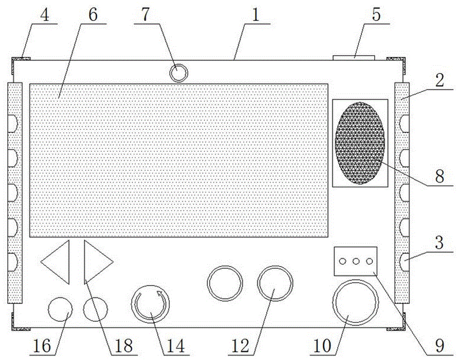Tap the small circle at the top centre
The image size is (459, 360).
click(179, 72)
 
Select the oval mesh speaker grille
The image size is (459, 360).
click(360, 143)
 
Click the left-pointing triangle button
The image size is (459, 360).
click(55, 262)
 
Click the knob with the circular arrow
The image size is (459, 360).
click(151, 304)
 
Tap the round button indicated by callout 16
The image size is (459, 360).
click(60, 309)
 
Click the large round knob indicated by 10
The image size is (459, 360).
click(356, 302)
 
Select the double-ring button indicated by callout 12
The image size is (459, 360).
click(275, 283)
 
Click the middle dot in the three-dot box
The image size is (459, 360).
click(356, 261)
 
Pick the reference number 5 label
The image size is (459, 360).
click(376, 15)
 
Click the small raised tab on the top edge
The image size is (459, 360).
click(354, 58)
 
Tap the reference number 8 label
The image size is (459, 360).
click(439, 177)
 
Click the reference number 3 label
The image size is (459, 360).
click(439, 243)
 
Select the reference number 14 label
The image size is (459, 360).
click(176, 346)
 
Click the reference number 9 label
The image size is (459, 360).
click(439, 346)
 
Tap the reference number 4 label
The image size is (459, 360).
click(45, 15)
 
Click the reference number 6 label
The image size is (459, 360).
click(93, 15)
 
